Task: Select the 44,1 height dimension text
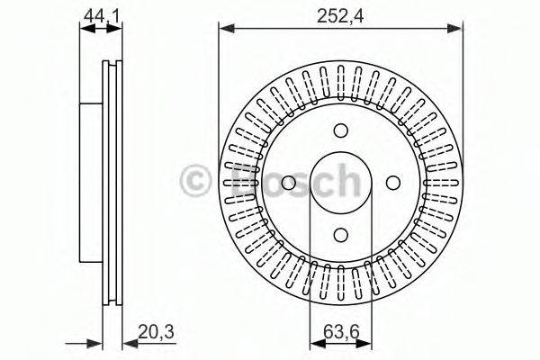coord(99,14)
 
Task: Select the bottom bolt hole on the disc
coord(340,235)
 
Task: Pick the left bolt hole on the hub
coord(288,183)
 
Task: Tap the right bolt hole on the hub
coord(393,183)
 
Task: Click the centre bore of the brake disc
coord(340,183)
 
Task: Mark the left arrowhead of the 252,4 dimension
coord(225,29)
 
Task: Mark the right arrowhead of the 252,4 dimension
coord(457,29)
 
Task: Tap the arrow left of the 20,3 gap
coord(94,343)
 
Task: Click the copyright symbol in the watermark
coord(195,180)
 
